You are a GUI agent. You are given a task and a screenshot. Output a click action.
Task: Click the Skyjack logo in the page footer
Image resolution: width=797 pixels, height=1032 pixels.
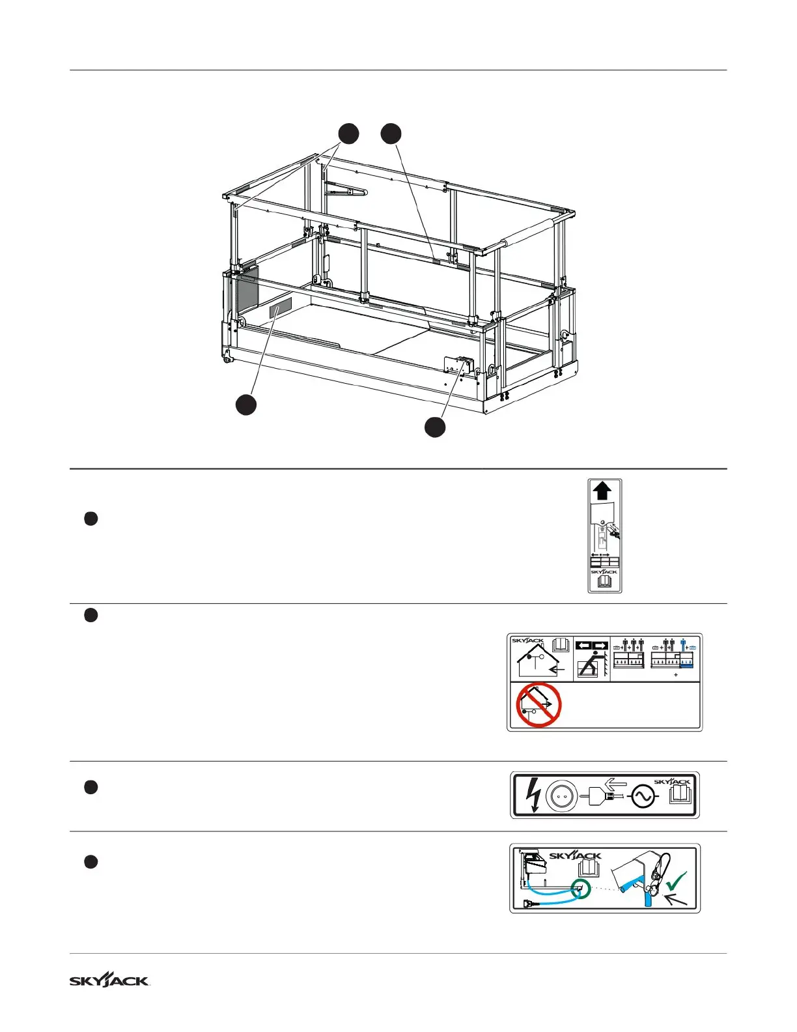(109, 981)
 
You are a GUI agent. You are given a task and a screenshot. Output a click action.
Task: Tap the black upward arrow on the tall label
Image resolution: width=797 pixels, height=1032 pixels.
(604, 491)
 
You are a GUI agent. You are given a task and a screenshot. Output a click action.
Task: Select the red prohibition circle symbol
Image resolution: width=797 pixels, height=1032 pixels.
(538, 704)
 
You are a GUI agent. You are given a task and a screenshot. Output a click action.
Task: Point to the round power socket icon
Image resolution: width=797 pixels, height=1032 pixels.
(561, 795)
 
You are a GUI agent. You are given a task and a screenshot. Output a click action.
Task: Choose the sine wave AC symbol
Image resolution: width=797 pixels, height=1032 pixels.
(642, 797)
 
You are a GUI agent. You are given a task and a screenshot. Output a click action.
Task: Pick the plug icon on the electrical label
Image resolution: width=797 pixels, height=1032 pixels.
(602, 796)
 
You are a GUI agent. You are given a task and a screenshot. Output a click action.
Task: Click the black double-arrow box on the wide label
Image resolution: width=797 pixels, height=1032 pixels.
(592, 646)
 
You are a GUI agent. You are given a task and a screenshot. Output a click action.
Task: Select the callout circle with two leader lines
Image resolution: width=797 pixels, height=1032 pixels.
(348, 134)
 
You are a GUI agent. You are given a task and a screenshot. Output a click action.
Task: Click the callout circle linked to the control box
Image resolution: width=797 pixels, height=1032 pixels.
(435, 427)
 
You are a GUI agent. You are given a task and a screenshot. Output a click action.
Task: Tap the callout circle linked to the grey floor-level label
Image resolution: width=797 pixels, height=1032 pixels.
(245, 405)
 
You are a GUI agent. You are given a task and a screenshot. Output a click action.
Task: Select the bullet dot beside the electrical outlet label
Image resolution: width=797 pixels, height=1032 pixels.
(91, 787)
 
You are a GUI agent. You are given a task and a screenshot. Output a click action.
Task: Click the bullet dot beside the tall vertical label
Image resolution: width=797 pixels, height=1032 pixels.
(91, 519)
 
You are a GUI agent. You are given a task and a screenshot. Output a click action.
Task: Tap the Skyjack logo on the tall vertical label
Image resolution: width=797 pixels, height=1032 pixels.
(604, 571)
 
